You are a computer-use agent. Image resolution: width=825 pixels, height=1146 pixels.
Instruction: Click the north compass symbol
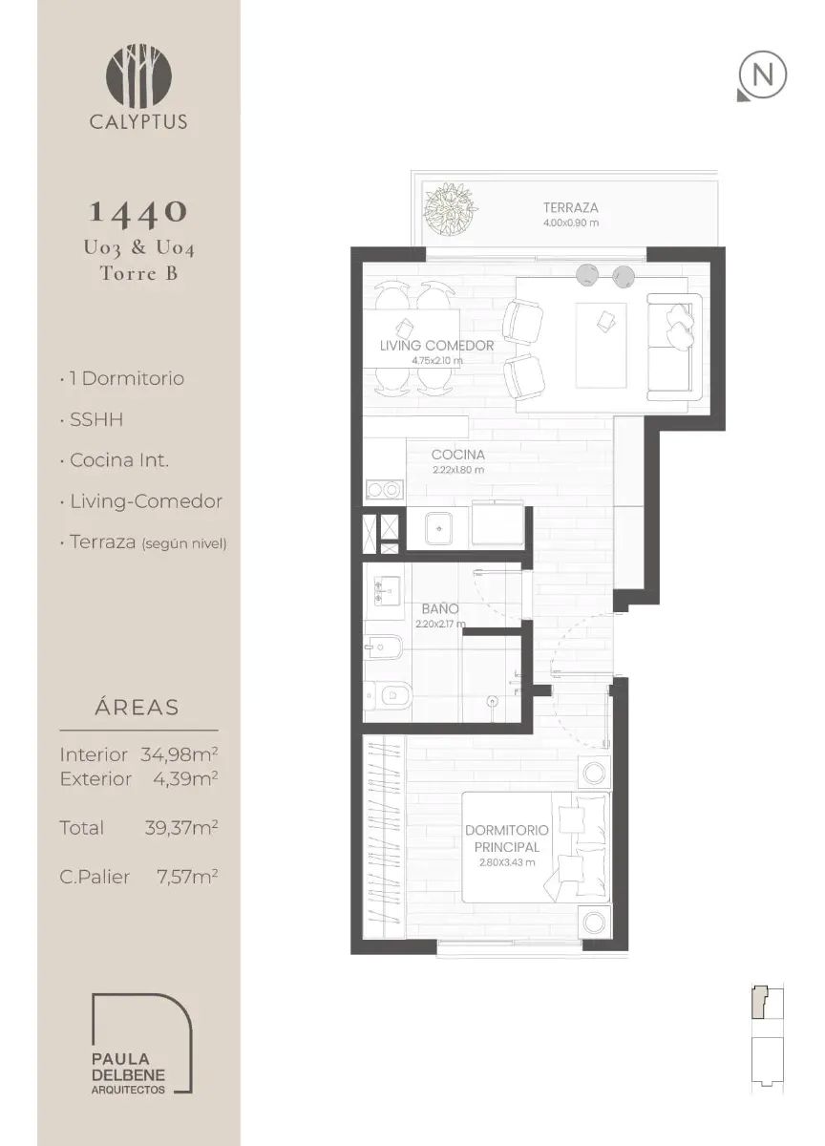pos(762,75)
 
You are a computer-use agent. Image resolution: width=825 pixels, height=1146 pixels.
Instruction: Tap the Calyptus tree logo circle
pos(138,76)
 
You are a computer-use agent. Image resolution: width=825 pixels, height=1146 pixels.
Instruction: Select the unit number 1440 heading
pos(138,212)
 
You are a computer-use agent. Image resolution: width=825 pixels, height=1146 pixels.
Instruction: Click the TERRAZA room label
pos(570,208)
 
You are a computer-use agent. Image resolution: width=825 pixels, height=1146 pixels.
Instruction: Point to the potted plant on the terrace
pos(451,209)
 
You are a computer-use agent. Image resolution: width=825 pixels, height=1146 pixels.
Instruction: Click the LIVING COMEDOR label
pos(436,346)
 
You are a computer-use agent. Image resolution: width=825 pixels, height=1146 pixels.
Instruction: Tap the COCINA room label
pos(457,455)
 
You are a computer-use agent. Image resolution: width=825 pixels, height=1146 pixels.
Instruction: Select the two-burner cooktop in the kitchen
pos(384,490)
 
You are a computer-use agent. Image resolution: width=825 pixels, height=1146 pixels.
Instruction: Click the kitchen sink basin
pos(438,529)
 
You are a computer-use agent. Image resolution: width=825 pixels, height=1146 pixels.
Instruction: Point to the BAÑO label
pos(440,609)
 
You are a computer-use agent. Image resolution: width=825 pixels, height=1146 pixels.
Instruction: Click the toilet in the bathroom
pos(389,695)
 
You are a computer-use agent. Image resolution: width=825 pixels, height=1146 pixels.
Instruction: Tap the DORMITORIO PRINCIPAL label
pos(506,838)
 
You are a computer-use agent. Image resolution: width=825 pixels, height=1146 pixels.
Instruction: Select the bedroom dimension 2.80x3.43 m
pos(507,862)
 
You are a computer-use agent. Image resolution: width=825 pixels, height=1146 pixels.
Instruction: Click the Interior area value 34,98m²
pos(180,754)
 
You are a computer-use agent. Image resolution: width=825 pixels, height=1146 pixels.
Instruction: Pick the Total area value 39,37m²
pos(181,828)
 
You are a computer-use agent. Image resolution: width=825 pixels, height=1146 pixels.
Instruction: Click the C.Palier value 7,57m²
pos(187,877)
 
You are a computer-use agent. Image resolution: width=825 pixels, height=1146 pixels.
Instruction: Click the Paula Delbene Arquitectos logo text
pos(128,1072)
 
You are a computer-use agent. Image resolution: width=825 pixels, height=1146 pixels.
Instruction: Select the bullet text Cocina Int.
pos(119,460)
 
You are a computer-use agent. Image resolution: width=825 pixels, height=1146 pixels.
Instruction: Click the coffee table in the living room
pos(601,346)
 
